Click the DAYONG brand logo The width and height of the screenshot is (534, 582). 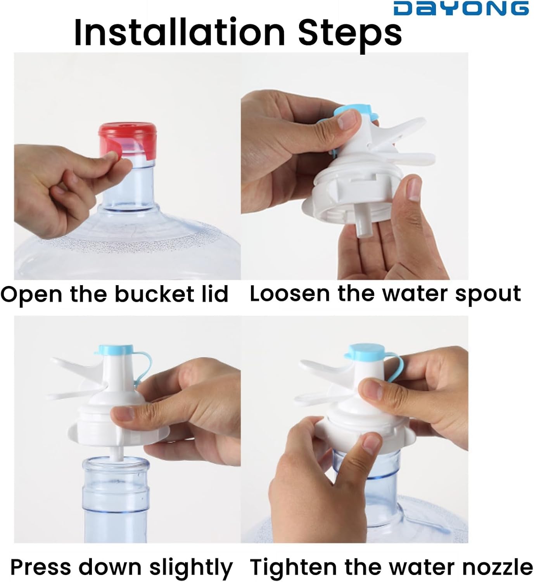(461, 8)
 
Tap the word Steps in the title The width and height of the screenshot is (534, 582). (350, 35)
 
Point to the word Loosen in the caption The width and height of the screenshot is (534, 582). (289, 294)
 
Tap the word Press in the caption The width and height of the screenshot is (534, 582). (41, 567)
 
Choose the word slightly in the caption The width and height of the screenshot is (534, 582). (191, 568)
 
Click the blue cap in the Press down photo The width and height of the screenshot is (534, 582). (116, 350)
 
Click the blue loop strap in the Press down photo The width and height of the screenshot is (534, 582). (143, 368)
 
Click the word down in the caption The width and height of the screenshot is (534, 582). (110, 567)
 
